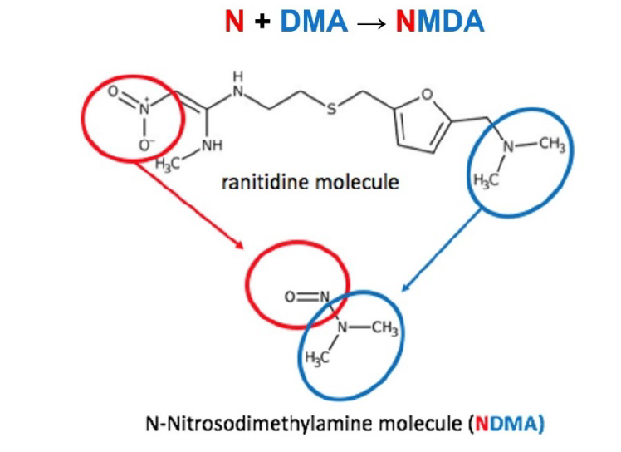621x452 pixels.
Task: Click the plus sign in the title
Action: pyautogui.click(x=262, y=22)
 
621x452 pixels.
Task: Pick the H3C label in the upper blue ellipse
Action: pyautogui.click(x=485, y=179)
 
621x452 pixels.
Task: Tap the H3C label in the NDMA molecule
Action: pyautogui.click(x=316, y=358)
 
